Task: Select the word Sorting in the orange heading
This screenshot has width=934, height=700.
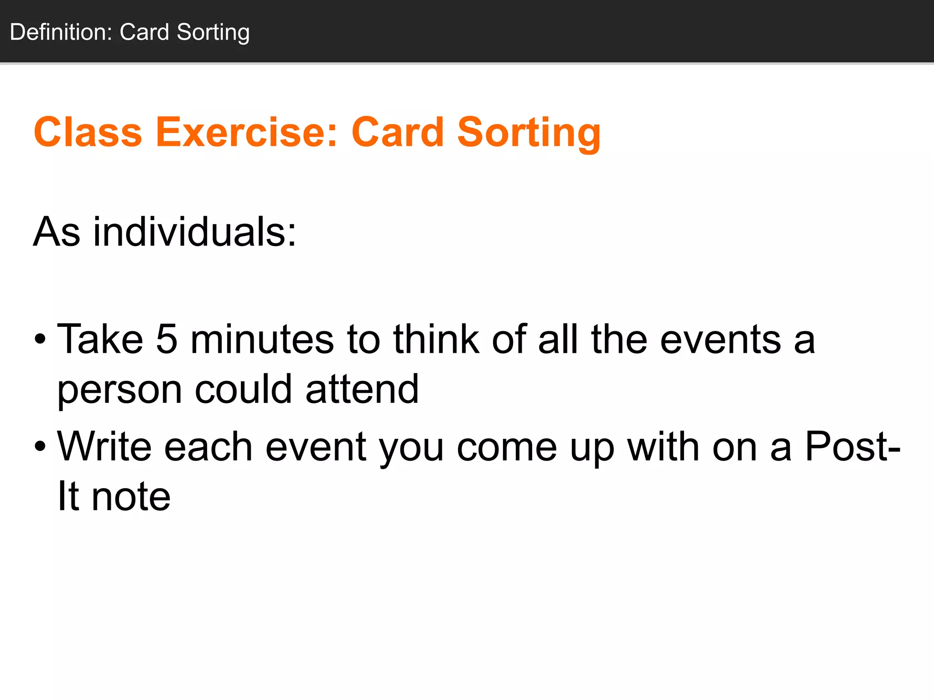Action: [529, 133]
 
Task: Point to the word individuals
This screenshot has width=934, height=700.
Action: [195, 232]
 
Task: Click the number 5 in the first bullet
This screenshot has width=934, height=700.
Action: [166, 339]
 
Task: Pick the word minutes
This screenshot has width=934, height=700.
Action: [262, 339]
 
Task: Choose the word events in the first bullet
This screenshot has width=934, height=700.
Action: [721, 340]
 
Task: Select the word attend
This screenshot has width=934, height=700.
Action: [362, 389]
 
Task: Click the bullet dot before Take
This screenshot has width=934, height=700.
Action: [40, 340]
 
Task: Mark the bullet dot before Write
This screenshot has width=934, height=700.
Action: [40, 447]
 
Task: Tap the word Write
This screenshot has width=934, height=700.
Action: [104, 447]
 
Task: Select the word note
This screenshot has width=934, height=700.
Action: [131, 496]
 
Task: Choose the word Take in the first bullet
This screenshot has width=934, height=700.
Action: [100, 339]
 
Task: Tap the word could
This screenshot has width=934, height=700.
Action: [243, 389]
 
